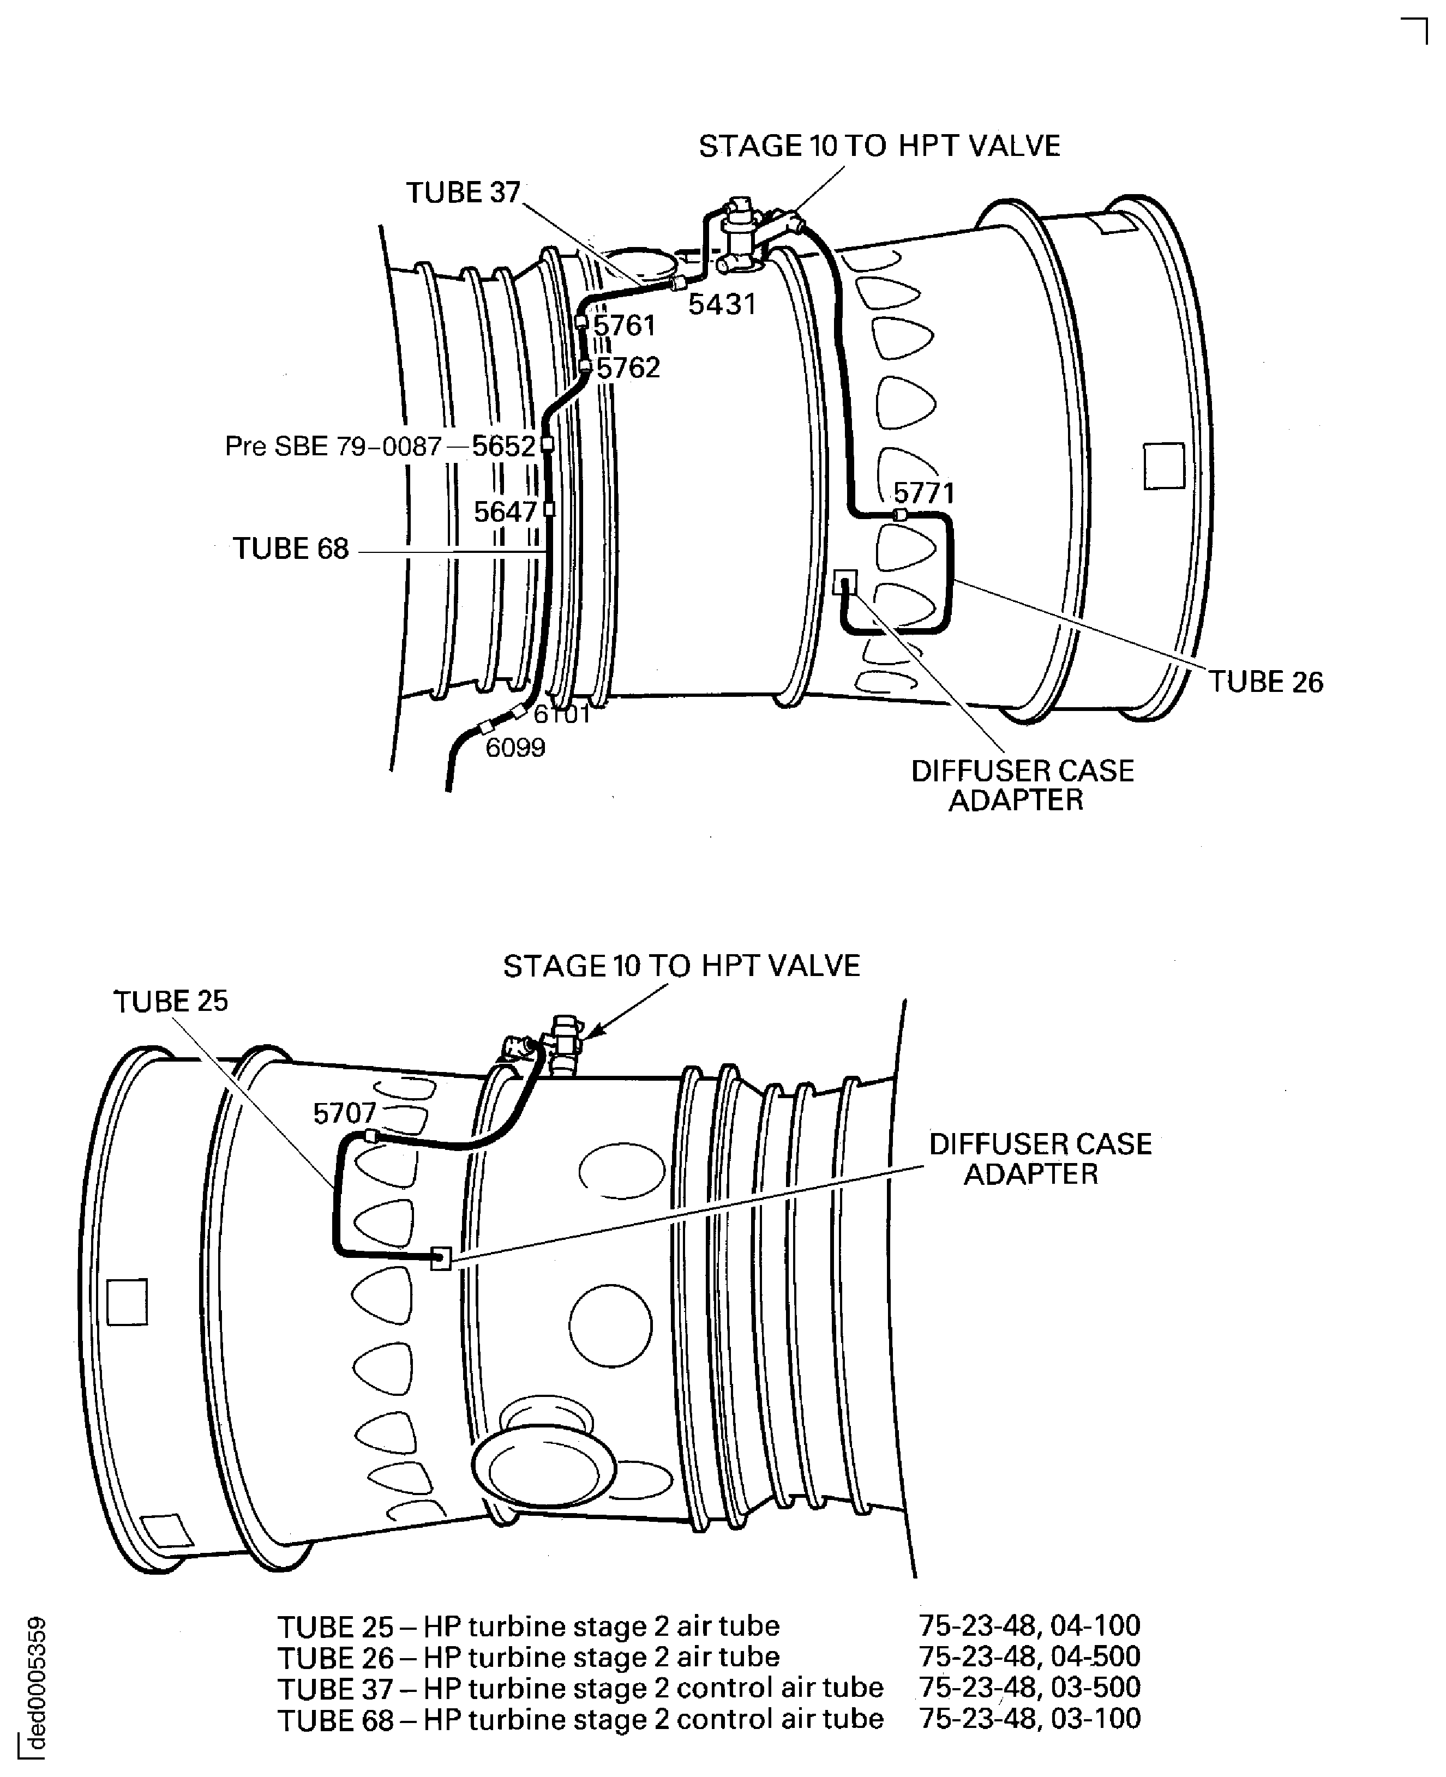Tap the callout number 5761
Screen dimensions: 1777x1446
coord(624,326)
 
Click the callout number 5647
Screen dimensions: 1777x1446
coord(505,512)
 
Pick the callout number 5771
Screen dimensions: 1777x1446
coord(924,493)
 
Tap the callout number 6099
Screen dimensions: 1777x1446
coord(515,748)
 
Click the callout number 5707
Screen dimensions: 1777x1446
coord(345,1113)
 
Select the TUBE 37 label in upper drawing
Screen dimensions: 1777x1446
coord(463,193)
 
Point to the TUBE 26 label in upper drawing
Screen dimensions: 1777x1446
coord(1265,683)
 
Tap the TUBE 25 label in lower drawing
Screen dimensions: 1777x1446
coord(171,1002)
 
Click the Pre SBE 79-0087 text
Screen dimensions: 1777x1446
coord(333,447)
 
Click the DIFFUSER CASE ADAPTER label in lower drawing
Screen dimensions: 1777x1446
coord(1040,1159)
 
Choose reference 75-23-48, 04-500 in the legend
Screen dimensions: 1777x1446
coord(1029,1656)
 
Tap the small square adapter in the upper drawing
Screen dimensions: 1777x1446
coord(844,581)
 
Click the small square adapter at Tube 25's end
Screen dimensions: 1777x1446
coord(441,1258)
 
